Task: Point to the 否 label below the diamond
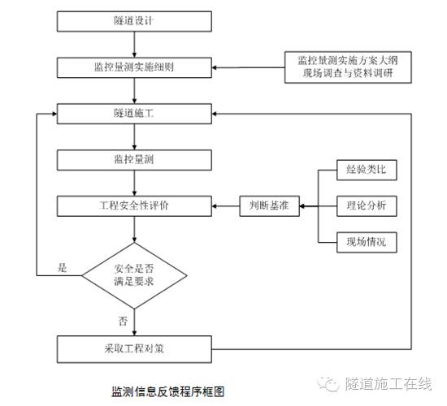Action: coord(124,321)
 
